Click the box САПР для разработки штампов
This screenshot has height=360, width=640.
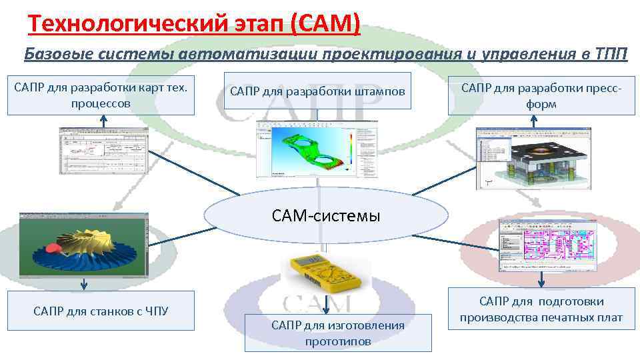pos(317,91)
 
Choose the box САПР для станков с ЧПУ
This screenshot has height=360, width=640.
pos(101,311)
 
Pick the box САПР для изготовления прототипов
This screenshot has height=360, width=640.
pos(338,333)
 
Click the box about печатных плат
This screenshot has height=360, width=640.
pos(541,309)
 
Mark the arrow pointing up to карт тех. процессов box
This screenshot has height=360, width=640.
pos(103,121)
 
